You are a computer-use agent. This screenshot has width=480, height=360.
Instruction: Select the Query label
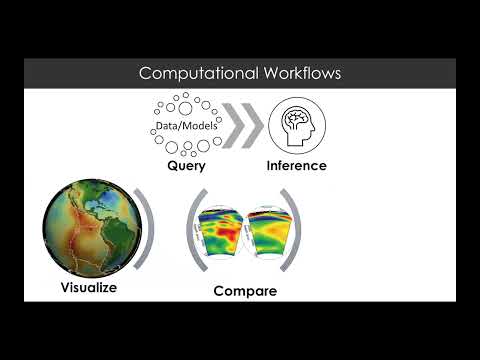pyautogui.click(x=186, y=166)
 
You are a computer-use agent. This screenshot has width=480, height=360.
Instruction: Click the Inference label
pyautogui.click(x=296, y=166)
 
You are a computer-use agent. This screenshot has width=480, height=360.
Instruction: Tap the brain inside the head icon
pyautogui.click(x=297, y=119)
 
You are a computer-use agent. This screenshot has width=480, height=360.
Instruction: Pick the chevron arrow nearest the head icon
pyautogui.click(x=251, y=124)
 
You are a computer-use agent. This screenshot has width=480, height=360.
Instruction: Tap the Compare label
pyautogui.click(x=245, y=292)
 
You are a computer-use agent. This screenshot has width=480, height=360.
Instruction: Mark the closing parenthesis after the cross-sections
pyautogui.click(x=296, y=237)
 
